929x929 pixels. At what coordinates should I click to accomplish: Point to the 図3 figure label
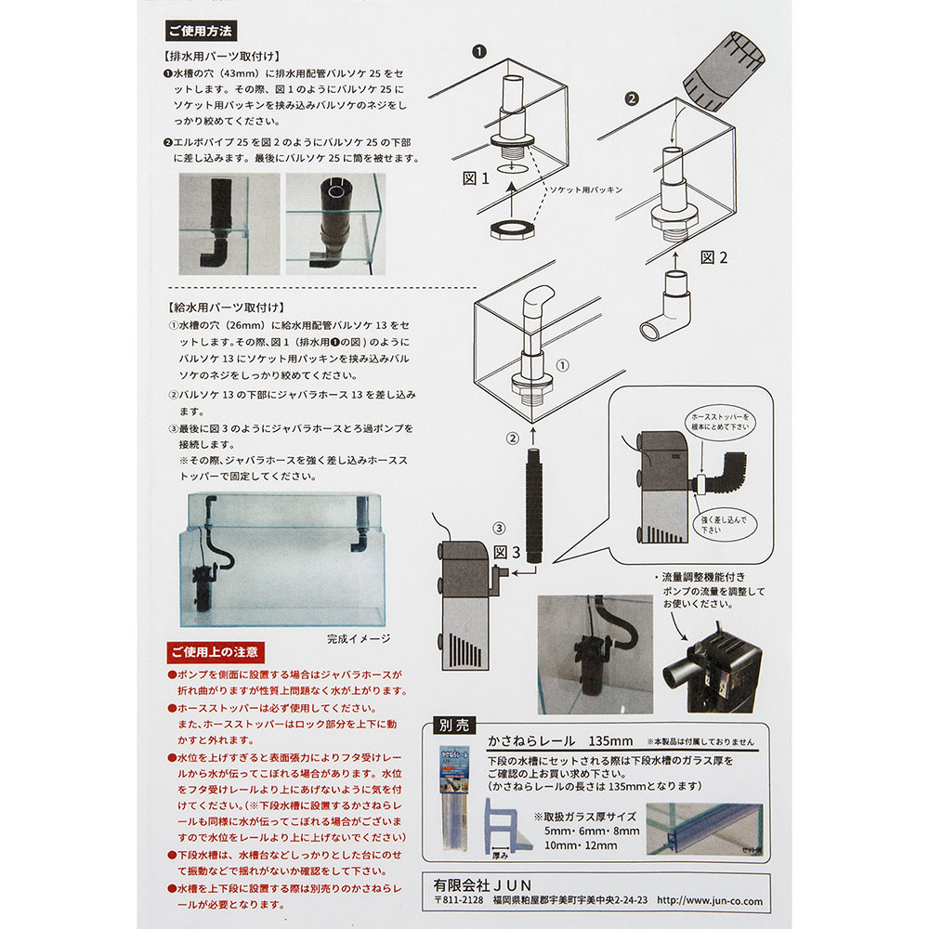[508, 552]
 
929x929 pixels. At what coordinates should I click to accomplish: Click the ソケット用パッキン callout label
[587, 189]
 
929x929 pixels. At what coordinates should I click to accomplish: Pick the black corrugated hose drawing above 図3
[534, 502]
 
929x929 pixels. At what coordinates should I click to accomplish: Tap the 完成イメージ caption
[359, 639]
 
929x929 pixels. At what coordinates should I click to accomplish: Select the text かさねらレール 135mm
[560, 741]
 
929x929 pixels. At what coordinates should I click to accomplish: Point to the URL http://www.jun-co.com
[709, 901]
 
